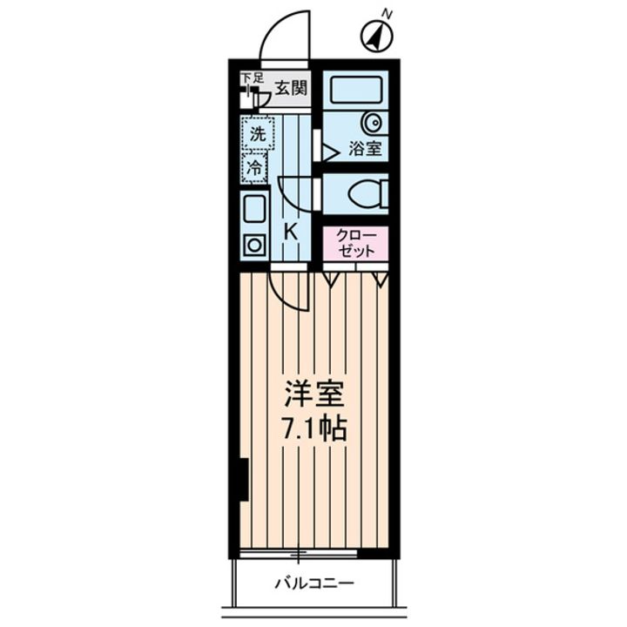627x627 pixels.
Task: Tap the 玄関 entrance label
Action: [292, 87]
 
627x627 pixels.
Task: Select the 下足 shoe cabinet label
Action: [252, 79]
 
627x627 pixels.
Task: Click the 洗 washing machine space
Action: [257, 134]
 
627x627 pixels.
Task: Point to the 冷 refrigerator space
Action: [254, 167]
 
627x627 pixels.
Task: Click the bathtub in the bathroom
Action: [356, 90]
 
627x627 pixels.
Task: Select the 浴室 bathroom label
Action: [365, 149]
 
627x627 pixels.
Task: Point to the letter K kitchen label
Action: [292, 233]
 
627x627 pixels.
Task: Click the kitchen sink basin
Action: [254, 209]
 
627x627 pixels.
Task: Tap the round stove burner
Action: [254, 245]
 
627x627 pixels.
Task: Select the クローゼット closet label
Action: [355, 243]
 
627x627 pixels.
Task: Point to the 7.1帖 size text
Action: [314, 428]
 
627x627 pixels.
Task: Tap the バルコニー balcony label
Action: [314, 582]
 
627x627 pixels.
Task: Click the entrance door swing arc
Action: [286, 35]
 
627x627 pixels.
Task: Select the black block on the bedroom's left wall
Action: [243, 480]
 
